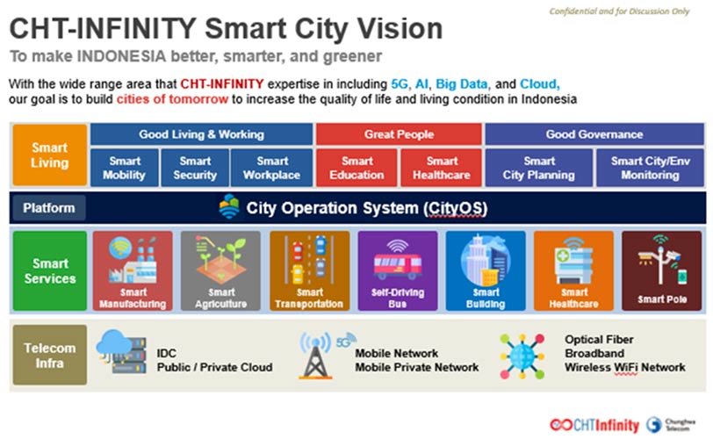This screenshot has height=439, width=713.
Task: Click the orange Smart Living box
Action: (49, 155)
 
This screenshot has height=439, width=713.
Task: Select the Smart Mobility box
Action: (125, 168)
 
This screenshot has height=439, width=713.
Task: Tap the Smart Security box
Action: (195, 168)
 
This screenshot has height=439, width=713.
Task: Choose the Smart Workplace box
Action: (271, 168)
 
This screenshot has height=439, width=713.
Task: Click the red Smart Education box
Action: (356, 168)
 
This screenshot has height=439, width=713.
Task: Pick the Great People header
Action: (399, 134)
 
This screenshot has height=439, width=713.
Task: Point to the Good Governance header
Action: (594, 134)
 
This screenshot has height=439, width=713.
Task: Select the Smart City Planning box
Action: (539, 168)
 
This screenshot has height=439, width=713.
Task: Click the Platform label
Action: (48, 208)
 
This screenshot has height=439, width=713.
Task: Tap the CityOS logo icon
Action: (229, 207)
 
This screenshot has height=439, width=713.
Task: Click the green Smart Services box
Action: (49, 270)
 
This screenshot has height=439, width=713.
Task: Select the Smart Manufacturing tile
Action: (133, 270)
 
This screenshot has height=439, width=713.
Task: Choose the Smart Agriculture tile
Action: (220, 270)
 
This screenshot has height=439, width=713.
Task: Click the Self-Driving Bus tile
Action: (398, 270)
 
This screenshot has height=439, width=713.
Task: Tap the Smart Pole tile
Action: (661, 270)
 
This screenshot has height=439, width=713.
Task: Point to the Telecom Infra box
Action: (49, 355)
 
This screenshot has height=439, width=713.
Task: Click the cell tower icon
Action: (315, 356)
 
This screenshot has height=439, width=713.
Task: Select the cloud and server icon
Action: (121, 351)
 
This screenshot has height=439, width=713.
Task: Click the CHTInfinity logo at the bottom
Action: (594, 425)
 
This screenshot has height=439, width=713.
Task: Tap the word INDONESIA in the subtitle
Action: (121, 56)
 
